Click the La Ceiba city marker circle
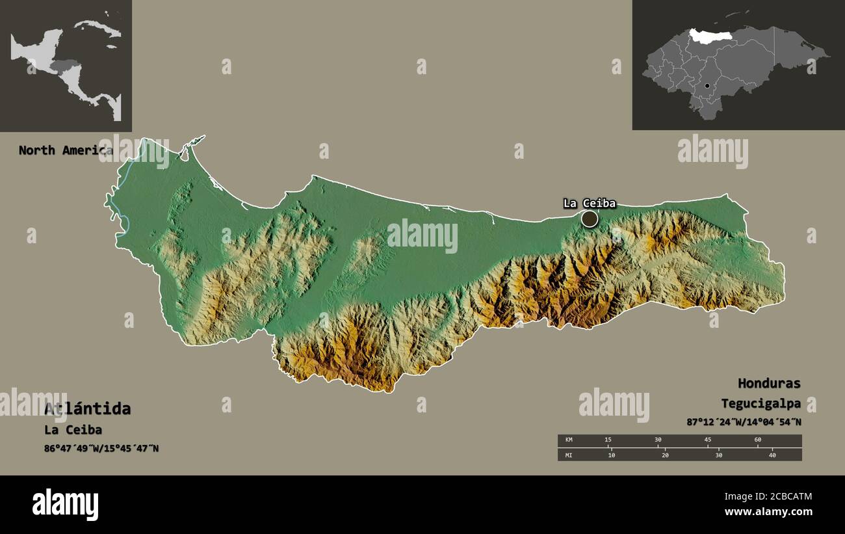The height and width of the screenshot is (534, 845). coord(590,219)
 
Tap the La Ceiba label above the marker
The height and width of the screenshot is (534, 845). coord(589,203)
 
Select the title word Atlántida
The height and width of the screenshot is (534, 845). coord(87,408)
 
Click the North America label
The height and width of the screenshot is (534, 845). coord(65,150)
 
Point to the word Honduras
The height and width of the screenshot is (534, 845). coord(769,383)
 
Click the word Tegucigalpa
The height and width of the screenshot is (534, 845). coord(760,403)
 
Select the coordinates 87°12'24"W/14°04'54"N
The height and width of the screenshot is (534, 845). coord(744,421)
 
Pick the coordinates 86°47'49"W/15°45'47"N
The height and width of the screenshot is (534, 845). coord(101,449)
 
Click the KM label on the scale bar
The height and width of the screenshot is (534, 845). coord(569,440)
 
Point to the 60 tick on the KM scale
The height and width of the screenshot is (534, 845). coord(758,440)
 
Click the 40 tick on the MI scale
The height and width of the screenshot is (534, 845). coord(772,455)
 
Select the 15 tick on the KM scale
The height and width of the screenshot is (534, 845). coord(608,440)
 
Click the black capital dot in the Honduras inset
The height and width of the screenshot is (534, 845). coord(707,86)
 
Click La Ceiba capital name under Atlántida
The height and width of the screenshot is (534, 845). coord(73,430)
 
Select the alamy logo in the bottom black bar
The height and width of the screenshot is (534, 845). coord(65,505)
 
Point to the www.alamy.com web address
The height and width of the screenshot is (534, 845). coord(768,512)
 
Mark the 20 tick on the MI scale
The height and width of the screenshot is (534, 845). coord(665,455)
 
